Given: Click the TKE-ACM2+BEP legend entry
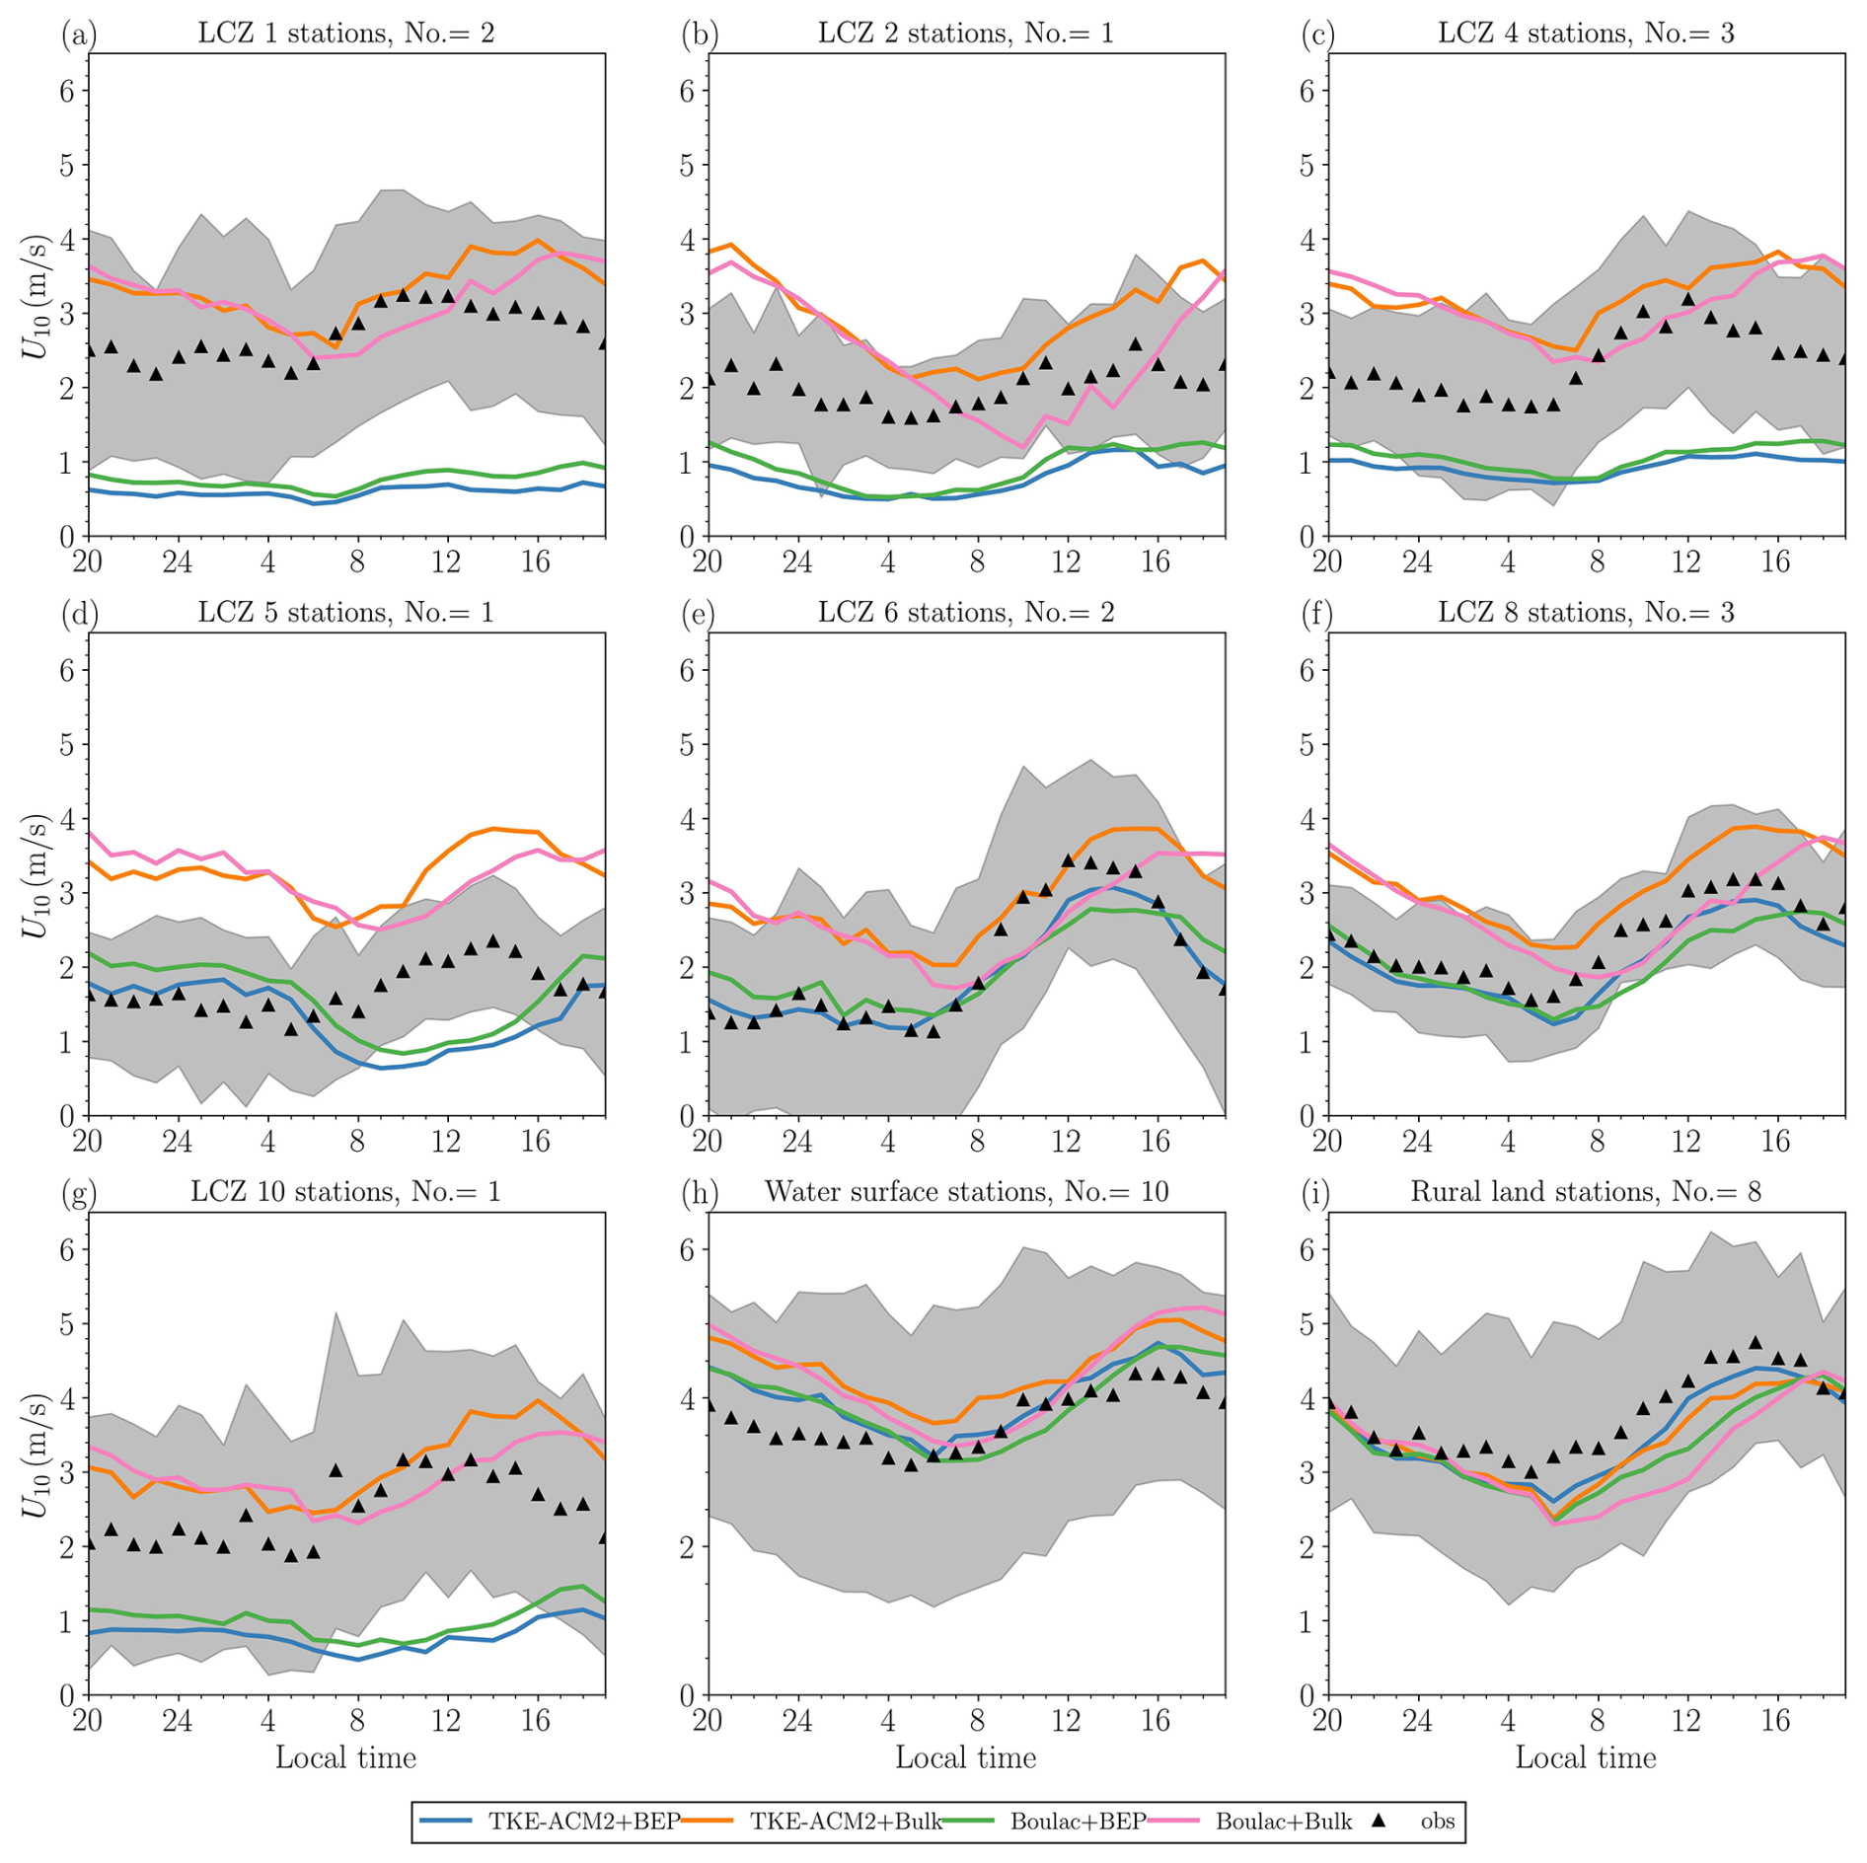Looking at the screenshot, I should click(x=583, y=1821).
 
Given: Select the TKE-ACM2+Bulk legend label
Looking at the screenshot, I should click(x=846, y=1821).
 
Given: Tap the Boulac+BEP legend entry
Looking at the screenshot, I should click(x=1078, y=1821).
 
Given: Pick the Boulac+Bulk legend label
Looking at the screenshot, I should click(x=1283, y=1821).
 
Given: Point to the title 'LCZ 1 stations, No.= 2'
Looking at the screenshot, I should click(x=345, y=34).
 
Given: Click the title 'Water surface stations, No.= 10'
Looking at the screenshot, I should click(x=966, y=1192).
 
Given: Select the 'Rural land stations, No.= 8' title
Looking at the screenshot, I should click(x=1585, y=1192).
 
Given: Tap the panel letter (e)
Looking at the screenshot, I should click(x=699, y=613).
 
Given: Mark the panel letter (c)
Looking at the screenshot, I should click(x=1318, y=35).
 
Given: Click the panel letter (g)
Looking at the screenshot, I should click(x=79, y=1193).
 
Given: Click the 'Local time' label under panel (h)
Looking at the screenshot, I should click(x=965, y=1757).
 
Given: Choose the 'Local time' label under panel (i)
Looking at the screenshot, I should click(x=1585, y=1757).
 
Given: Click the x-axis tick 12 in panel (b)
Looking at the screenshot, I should click(x=1066, y=562).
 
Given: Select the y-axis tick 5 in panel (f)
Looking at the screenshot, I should click(x=1307, y=744).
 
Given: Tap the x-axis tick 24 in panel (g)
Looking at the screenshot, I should click(x=178, y=1721).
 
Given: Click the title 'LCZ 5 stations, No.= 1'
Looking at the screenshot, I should click(x=345, y=613).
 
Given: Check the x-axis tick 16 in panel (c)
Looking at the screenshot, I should click(x=1775, y=562).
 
